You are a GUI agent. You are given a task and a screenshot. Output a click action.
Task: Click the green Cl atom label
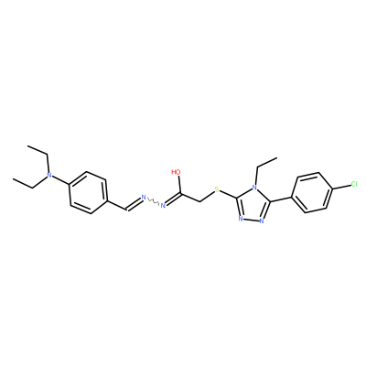pyautogui.click(x=354, y=184)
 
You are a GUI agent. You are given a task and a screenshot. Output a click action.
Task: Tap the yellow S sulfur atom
pyautogui.click(x=217, y=189)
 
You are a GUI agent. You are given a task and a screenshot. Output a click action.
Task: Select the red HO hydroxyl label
pyautogui.click(x=176, y=172)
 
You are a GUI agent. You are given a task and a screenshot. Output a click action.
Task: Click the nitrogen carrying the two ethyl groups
pyautogui.click(x=48, y=176)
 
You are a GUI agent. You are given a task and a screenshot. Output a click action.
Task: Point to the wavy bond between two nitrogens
pyautogui.click(x=153, y=201)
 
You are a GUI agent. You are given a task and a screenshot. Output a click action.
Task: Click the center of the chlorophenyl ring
pyautogui.click(x=312, y=192)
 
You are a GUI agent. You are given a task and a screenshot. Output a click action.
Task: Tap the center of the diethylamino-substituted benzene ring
pyautogui.click(x=88, y=192)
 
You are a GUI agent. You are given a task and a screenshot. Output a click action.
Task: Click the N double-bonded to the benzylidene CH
pyautogui.click(x=144, y=197)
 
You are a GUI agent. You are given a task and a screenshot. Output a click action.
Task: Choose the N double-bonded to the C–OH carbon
pyautogui.click(x=163, y=206)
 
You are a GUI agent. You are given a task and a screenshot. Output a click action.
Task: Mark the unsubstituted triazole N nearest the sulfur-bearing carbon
pyautogui.click(x=241, y=219)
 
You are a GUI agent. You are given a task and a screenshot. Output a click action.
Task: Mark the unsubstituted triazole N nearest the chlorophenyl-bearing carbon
pyautogui.click(x=262, y=221)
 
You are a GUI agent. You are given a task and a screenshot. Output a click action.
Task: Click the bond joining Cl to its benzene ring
pyautogui.click(x=341, y=187)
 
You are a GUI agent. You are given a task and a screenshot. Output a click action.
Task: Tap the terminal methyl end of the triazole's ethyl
pyautogui.click(x=277, y=158)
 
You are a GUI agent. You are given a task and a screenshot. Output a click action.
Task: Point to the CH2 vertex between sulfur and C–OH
pyautogui.click(x=199, y=201)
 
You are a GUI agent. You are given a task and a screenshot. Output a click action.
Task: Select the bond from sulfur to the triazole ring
pyautogui.click(x=229, y=195)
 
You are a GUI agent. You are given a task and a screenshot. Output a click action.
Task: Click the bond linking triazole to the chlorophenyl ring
pyautogui.click(x=281, y=199)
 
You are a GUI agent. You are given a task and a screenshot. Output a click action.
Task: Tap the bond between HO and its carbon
pyautogui.click(x=180, y=185)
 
